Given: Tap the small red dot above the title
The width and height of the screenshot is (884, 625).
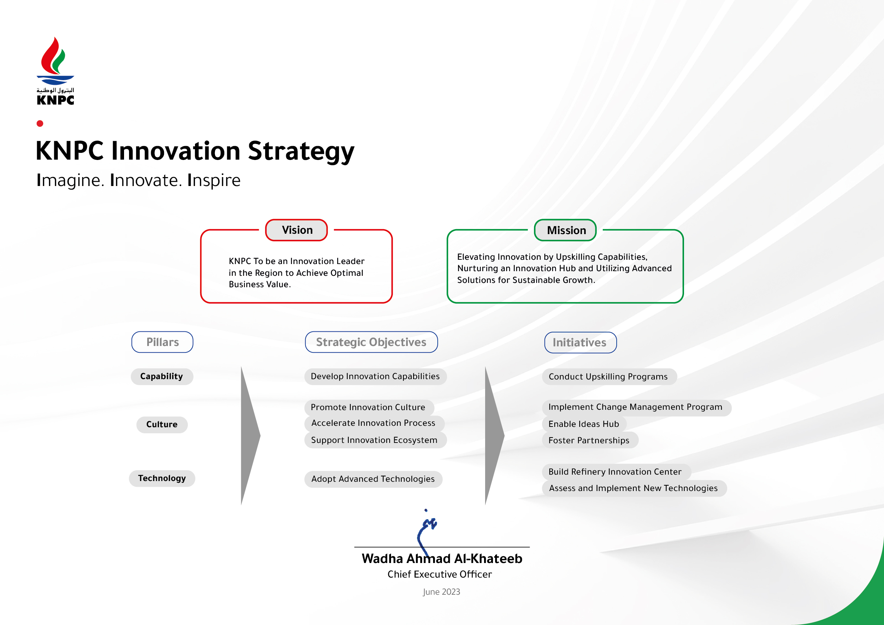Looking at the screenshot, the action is [40, 124].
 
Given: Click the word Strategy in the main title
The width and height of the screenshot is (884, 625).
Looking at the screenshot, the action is [301, 151].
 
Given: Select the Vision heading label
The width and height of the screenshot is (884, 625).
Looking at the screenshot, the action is [297, 230].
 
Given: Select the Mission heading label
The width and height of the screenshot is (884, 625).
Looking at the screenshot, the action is [565, 230].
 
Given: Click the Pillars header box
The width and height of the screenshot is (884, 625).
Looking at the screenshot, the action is [163, 342].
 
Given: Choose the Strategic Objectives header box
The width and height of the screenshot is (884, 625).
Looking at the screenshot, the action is [371, 342].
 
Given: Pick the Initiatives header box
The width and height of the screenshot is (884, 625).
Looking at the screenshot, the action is [581, 342].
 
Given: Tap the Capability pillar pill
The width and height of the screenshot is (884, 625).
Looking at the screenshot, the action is [162, 376].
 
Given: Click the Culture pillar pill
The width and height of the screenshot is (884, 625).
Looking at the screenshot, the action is [162, 424].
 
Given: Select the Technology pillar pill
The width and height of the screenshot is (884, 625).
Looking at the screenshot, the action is [162, 479].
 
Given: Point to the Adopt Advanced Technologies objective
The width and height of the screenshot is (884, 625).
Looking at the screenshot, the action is [374, 479].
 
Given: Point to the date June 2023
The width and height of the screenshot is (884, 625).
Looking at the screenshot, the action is [442, 592].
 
